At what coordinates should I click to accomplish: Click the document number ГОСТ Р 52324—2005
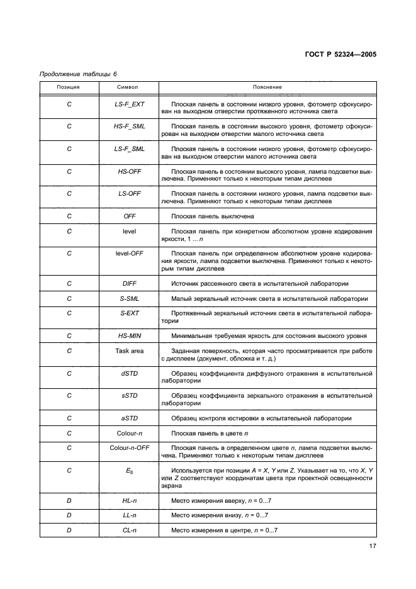coord(337,55)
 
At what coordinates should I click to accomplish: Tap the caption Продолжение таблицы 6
coord(74,74)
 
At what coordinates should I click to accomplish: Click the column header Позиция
coord(69,87)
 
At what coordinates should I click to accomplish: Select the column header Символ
coord(130,87)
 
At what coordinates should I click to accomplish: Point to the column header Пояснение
coord(267,87)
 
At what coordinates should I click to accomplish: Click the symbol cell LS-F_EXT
coord(130,103)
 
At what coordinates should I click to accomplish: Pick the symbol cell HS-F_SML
coord(130,126)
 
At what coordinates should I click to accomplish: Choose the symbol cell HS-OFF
coord(130,171)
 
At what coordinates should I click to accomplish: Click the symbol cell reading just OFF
coord(130,216)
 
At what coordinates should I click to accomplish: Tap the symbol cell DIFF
coord(130,284)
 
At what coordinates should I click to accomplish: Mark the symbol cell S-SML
coord(130,298)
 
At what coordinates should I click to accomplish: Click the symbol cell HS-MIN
coord(130,335)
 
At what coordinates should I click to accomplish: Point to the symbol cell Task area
coord(130,351)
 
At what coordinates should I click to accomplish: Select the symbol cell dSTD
coord(130,373)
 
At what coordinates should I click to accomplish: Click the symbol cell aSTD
coord(130,418)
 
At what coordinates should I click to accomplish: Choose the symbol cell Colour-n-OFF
coord(130,448)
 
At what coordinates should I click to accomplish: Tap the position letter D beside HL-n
coord(69,500)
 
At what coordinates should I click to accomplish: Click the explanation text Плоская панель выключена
coord(212,216)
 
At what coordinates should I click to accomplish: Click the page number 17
coord(372,547)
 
